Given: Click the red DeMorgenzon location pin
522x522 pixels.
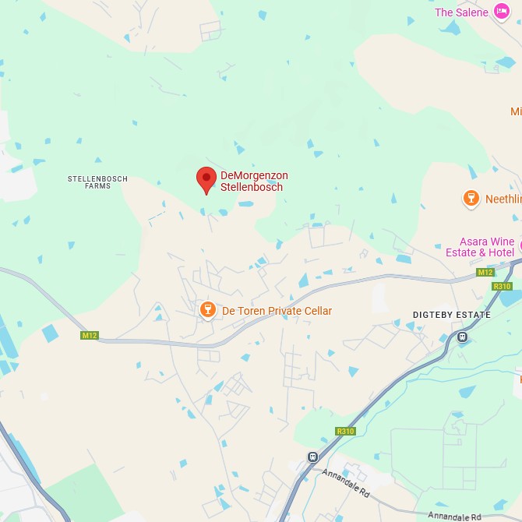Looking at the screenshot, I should pos(206,178).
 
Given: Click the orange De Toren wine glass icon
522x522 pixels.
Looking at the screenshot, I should pos(207,310).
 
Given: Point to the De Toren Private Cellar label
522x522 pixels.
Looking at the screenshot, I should pos(277,311).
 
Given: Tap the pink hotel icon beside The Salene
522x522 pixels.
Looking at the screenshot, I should pos(502,12).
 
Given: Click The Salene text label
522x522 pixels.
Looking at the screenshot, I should pos(461,12).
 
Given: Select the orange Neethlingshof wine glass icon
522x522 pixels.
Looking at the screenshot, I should pos(471,199).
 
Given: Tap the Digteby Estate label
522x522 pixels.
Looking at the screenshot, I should pos(452,315).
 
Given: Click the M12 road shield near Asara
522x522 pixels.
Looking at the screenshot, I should pos(485,272).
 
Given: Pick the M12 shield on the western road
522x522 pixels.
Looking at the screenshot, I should pos(90,335).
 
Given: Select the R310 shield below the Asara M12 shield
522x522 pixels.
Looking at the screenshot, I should pos(501,286).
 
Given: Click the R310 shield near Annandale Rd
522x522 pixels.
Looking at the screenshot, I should pos(345,431).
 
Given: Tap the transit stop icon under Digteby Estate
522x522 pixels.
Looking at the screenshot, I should pos(463,337).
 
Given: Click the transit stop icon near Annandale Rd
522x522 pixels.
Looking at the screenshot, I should pos(312,457).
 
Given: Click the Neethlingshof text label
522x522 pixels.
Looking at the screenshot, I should pos(503,199).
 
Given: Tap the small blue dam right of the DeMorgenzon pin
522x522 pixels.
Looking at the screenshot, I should pos(245,204).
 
